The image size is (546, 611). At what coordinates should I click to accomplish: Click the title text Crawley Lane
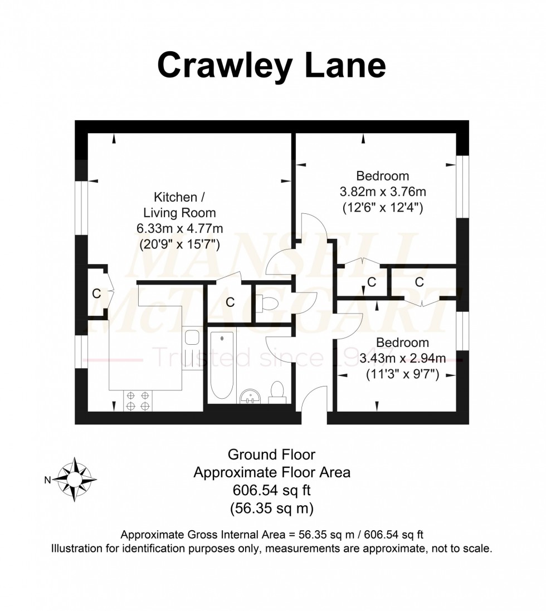tap(271, 67)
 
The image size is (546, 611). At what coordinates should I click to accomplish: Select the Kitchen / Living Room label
tap(179, 205)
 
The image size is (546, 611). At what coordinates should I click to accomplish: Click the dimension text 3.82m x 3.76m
tap(383, 192)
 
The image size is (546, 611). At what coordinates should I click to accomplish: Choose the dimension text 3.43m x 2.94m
tap(402, 358)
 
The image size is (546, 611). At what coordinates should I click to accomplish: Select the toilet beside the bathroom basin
tap(276, 392)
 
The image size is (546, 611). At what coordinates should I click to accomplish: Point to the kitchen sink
tap(192, 339)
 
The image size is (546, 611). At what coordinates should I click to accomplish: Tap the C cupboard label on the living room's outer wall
tap(96, 294)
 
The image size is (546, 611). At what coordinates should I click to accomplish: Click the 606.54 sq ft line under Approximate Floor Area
tap(271, 490)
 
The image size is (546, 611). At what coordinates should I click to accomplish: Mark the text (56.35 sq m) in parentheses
tap(271, 508)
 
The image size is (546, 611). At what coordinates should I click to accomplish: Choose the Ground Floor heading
tap(271, 454)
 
